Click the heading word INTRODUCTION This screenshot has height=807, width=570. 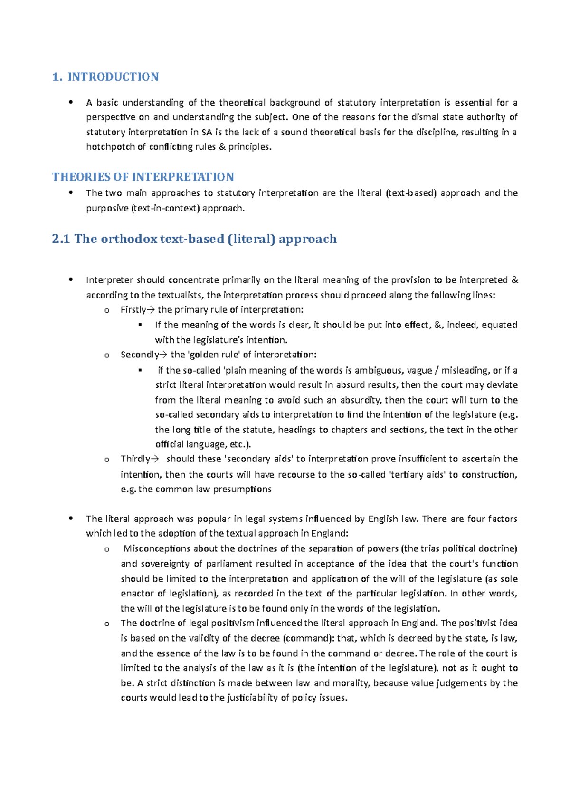(113, 77)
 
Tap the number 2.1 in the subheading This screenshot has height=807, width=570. (61, 239)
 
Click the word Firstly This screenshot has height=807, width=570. (133, 310)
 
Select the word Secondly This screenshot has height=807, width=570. (139, 355)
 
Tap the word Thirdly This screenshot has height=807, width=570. (135, 459)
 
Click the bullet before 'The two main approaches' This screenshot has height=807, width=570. (70, 192)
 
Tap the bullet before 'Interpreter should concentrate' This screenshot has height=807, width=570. (70, 279)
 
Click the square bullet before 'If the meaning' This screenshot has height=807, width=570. (140, 325)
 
